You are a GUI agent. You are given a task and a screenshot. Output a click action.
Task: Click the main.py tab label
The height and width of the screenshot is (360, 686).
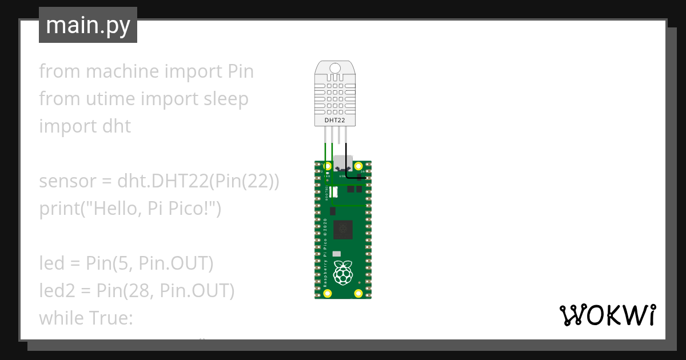click(x=88, y=25)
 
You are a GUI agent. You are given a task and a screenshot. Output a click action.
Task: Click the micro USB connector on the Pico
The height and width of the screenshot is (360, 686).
click(x=343, y=164)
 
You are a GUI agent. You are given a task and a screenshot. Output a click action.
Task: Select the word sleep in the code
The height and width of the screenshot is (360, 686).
click(x=226, y=99)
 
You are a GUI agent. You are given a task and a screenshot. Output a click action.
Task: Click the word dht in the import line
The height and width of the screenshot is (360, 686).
click(x=117, y=126)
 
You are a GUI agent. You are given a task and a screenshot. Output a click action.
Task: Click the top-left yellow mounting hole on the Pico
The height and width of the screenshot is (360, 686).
click(x=328, y=167)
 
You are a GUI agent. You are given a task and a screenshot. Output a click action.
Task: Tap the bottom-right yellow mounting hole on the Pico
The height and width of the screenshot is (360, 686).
click(x=358, y=293)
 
